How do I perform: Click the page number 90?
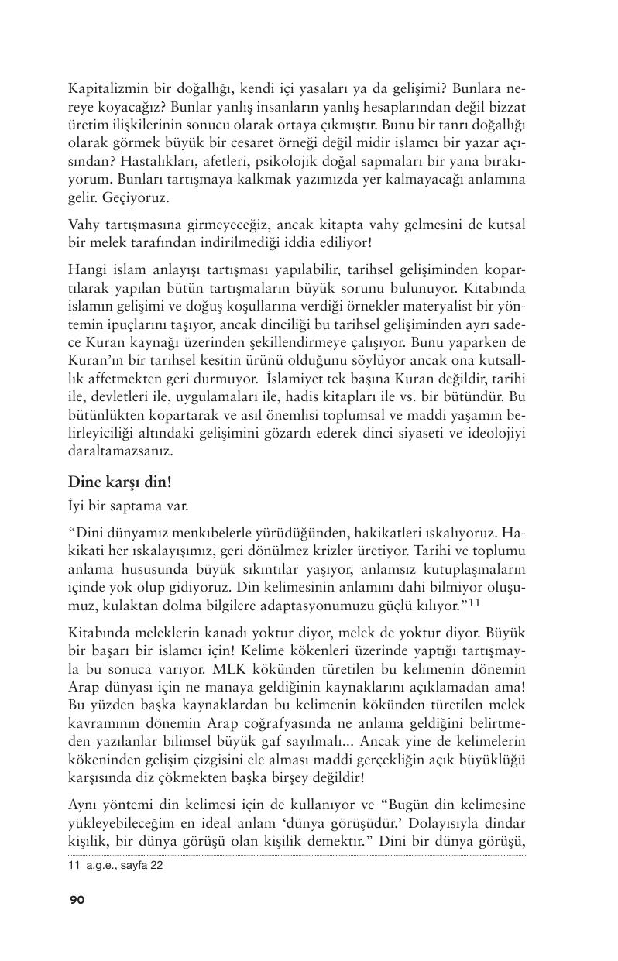coord(77,899)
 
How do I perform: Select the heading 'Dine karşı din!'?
coord(120,482)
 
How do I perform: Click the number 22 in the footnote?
coord(156,866)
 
